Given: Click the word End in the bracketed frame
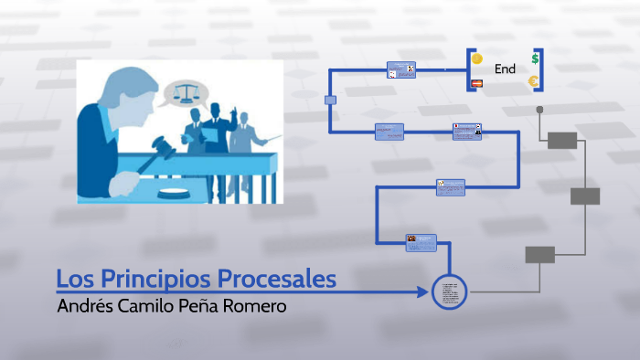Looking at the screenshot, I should pyautogui.click(x=505, y=69).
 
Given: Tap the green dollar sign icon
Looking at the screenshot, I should pyautogui.click(x=535, y=58).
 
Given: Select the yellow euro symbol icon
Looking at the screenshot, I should pyautogui.click(x=533, y=82).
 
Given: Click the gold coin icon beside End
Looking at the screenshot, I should pyautogui.click(x=476, y=59).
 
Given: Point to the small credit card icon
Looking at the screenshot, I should pyautogui.click(x=475, y=84).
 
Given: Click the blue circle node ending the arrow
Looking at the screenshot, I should pyautogui.click(x=449, y=291).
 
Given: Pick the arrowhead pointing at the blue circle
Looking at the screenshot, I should pyautogui.click(x=422, y=292).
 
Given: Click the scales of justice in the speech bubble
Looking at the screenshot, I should pyautogui.click(x=187, y=92).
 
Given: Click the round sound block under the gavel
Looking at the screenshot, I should pyautogui.click(x=175, y=192).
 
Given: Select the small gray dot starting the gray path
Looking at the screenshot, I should pyautogui.click(x=539, y=110).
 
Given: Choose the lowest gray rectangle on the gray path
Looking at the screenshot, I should pyautogui.click(x=539, y=255).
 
